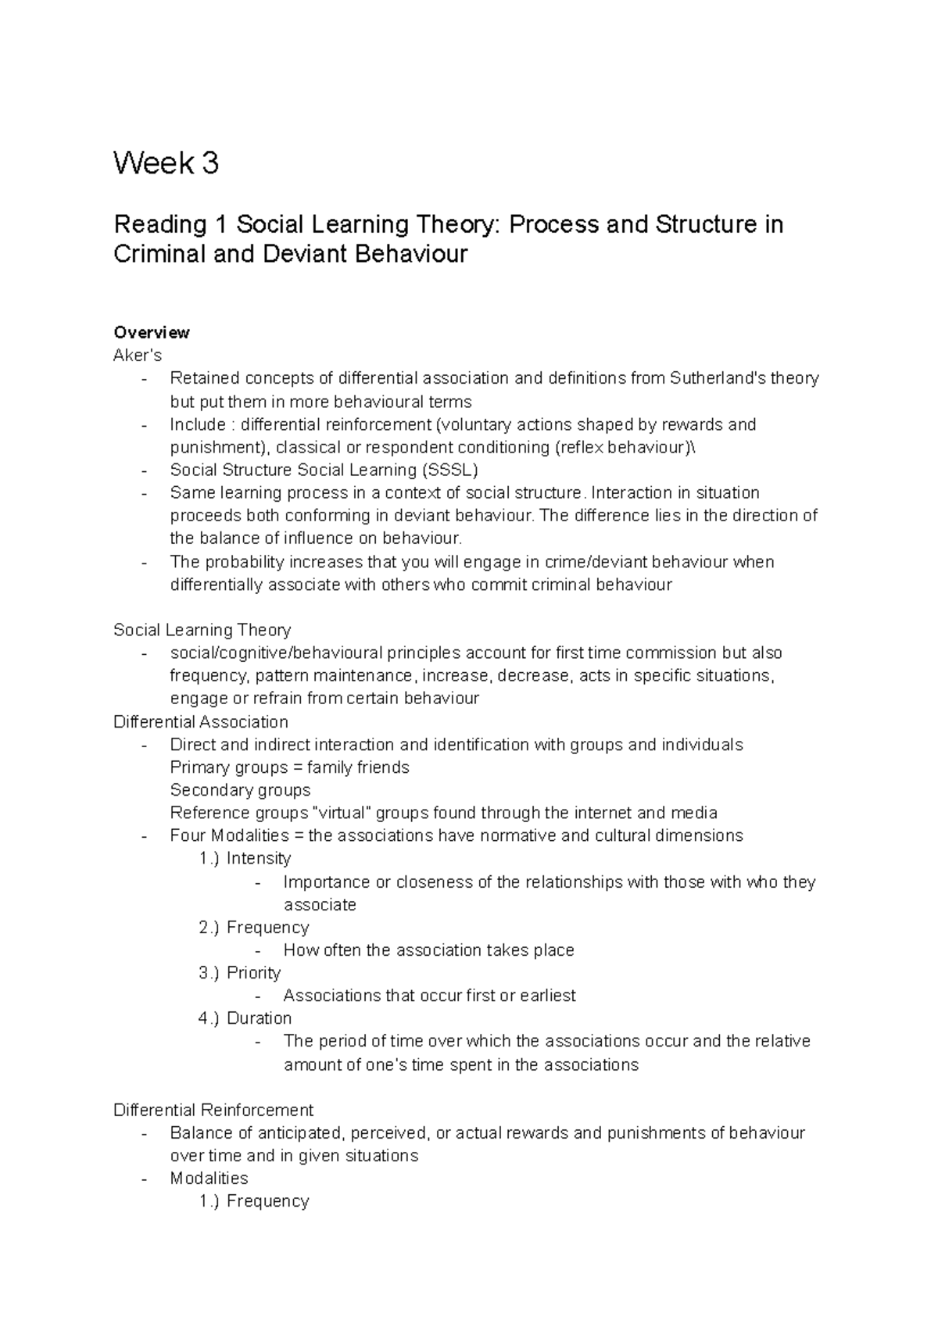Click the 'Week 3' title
click(x=166, y=164)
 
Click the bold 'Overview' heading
click(x=152, y=332)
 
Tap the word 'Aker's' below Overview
click(x=138, y=356)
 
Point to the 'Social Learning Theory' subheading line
click(x=202, y=630)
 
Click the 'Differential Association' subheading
click(x=201, y=721)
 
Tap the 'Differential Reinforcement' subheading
click(x=213, y=1110)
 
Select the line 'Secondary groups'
click(x=240, y=790)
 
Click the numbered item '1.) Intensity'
click(x=245, y=859)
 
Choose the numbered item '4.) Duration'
click(x=245, y=1018)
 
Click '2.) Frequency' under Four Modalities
click(x=254, y=928)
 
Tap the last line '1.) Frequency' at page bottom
click(x=254, y=1201)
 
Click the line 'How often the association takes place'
click(x=428, y=950)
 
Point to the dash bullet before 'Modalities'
click(x=145, y=1179)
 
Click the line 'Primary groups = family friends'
click(x=289, y=767)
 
